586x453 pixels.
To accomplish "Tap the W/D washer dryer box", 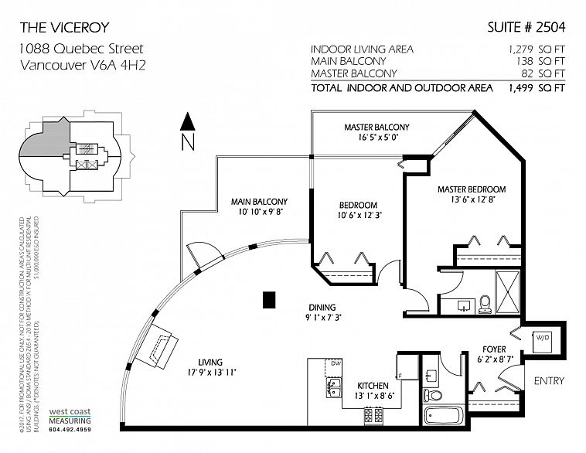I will (x=543, y=337).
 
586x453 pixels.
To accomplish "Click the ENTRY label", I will (x=549, y=381).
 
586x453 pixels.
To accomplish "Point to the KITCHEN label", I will (x=371, y=385).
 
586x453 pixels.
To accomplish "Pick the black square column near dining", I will (x=268, y=298).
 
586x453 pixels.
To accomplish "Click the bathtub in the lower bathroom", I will (x=443, y=416).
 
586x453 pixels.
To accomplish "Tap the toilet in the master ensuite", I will (x=485, y=302).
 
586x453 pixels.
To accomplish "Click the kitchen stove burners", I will (x=373, y=415).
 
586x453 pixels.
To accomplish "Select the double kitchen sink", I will (x=335, y=383).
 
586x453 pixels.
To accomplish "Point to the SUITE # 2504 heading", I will (x=526, y=28).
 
